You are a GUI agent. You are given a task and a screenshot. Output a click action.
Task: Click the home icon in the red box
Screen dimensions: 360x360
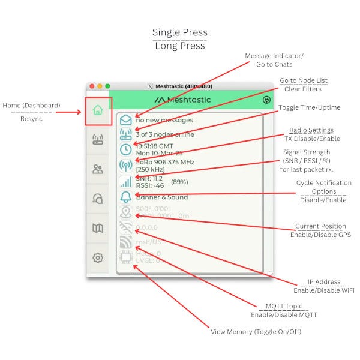point(98,110)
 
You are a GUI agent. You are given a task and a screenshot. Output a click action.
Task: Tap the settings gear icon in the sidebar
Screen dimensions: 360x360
point(98,257)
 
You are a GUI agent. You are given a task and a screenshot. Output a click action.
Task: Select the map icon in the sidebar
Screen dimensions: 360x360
point(98,228)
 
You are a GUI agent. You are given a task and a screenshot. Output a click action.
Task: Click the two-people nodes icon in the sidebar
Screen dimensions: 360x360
point(98,169)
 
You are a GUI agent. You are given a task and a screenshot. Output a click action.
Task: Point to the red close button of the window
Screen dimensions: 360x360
point(92,86)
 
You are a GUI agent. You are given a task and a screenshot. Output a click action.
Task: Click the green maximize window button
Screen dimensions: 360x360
point(107,86)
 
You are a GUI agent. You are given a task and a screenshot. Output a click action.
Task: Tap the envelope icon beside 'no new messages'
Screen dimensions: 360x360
point(126,119)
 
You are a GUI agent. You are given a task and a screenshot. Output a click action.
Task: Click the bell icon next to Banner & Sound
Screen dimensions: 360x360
point(126,197)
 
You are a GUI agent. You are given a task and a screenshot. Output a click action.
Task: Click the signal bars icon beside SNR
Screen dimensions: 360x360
point(126,181)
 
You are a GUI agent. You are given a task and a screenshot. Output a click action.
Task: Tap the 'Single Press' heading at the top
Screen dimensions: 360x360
point(179,32)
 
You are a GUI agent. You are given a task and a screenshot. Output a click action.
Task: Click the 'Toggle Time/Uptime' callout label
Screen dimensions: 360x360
point(309,107)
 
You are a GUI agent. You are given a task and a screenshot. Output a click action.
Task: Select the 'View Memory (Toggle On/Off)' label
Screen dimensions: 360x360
point(256,332)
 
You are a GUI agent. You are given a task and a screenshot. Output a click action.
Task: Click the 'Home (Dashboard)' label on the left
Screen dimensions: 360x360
point(31,106)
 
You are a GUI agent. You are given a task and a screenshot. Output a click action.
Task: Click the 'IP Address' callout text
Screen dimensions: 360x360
point(323,282)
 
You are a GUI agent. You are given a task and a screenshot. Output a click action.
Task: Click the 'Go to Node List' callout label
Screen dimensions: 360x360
point(304,80)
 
